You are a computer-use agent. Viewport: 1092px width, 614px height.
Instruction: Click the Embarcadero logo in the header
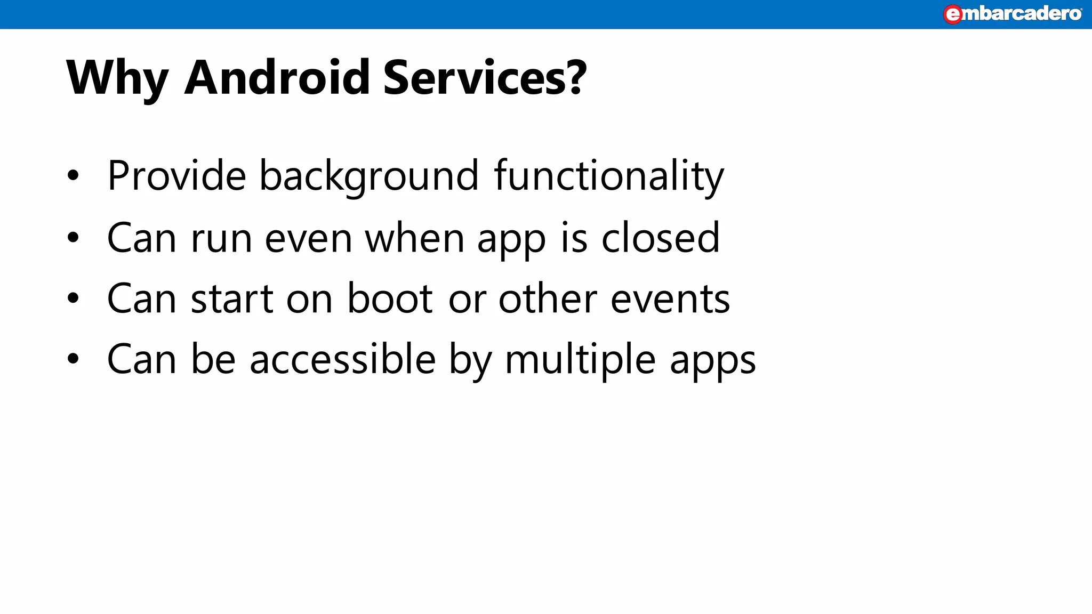point(1012,14)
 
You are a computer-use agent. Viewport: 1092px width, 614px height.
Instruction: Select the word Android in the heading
point(277,78)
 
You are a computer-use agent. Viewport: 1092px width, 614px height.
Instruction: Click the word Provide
point(176,175)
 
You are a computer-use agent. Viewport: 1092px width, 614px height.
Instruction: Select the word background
point(369,176)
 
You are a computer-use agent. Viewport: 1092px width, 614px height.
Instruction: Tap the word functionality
point(609,176)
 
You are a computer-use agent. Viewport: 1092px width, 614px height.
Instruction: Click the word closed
point(661,238)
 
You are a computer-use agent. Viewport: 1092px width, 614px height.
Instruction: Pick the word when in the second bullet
point(415,238)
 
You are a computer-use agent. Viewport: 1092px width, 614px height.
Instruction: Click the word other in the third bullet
point(548,298)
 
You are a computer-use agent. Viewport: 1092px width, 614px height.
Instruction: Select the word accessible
point(343,359)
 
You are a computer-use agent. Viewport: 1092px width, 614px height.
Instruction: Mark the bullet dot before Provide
point(73,175)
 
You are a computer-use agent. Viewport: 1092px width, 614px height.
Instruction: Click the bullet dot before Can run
point(73,238)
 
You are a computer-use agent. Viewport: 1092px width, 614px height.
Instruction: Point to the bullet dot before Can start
point(73,298)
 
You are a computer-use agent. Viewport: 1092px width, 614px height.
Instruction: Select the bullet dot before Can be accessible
point(73,359)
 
